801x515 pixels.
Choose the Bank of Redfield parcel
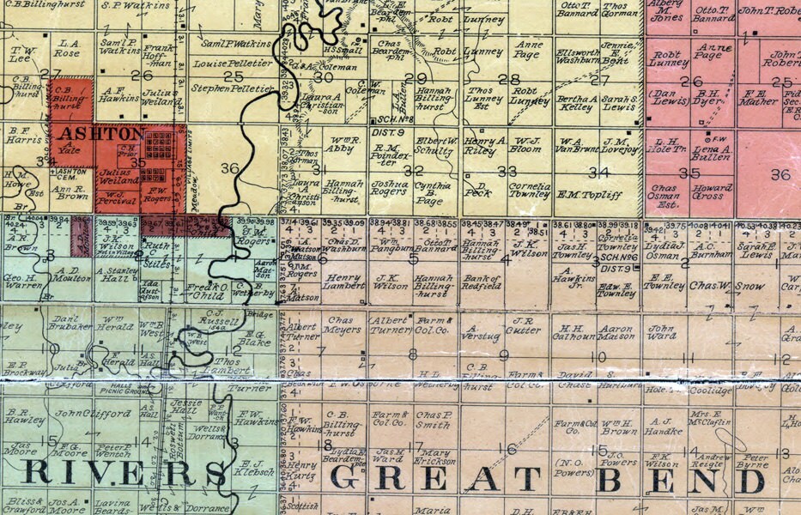click(481, 282)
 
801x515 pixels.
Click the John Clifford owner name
click(82, 413)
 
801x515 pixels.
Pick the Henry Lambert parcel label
click(344, 282)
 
